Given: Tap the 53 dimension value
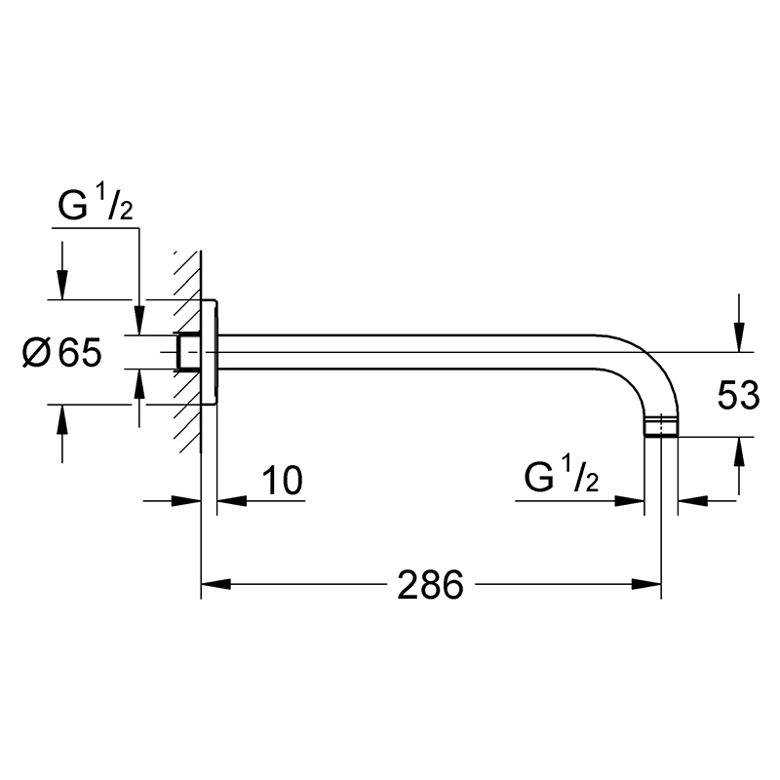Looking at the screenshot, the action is pyautogui.click(x=738, y=396).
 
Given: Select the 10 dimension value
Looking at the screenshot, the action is pyautogui.click(x=282, y=481).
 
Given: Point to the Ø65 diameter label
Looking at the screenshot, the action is pyautogui.click(x=62, y=353).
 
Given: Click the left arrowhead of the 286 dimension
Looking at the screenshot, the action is pyautogui.click(x=215, y=584).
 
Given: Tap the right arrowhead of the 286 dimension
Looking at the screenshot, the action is pyautogui.click(x=646, y=584).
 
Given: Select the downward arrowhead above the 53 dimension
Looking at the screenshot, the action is pyautogui.click(x=739, y=336).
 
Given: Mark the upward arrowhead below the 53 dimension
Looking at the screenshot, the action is pyautogui.click(x=739, y=452).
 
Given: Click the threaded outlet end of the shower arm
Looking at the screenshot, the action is pyautogui.click(x=661, y=428).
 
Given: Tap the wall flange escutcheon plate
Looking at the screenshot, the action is pyautogui.click(x=209, y=352).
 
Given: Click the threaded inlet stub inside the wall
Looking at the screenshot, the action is pyautogui.click(x=188, y=352).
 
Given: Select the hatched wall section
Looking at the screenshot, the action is pyautogui.click(x=187, y=352).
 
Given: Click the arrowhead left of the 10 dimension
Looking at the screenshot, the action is pyautogui.click(x=186, y=501).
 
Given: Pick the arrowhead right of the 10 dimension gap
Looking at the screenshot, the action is pyautogui.click(x=232, y=501).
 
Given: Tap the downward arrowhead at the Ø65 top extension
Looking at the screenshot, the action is pyautogui.click(x=62, y=285).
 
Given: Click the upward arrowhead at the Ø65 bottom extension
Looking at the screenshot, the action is pyautogui.click(x=62, y=419).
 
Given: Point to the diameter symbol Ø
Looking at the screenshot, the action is pyautogui.click(x=37, y=353).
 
